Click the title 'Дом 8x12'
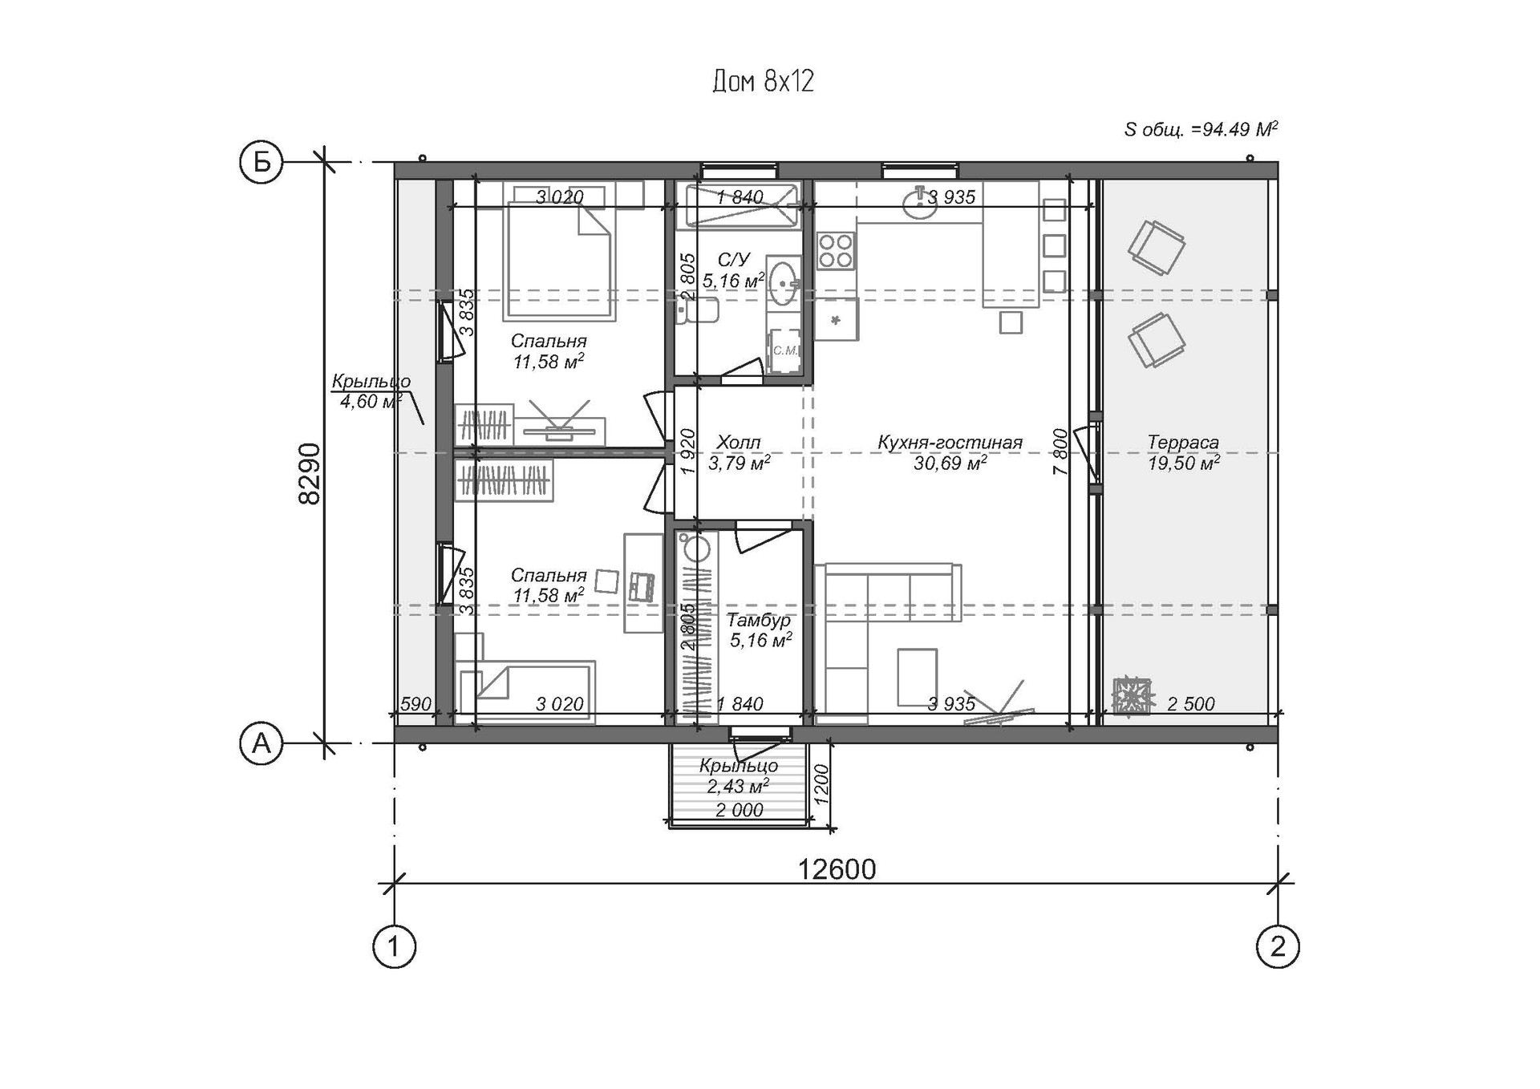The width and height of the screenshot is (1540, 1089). coord(763,81)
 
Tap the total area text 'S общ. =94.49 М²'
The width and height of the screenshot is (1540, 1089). coord(1201,129)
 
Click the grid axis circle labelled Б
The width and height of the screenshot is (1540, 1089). coord(261,162)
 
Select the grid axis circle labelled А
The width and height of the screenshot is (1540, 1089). coord(261,743)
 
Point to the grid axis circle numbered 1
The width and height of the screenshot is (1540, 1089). coord(394,946)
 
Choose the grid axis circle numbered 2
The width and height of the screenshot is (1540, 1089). coord(1278,946)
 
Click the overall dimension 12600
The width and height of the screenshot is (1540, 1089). coord(837,868)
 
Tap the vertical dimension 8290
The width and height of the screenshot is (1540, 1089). coord(309,473)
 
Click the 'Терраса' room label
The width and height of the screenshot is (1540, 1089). coord(1183,442)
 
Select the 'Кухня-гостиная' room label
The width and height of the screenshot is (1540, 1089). coord(950,442)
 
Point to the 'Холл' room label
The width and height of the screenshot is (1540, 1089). coord(738,442)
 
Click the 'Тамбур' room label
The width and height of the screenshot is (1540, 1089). coord(759,620)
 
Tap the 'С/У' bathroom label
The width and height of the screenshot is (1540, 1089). coord(733,260)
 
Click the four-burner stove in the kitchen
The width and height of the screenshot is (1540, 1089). coord(836,250)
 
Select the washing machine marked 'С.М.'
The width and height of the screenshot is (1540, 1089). coord(784,350)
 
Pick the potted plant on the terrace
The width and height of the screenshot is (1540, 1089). coord(1133,695)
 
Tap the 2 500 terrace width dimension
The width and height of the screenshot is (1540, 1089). coord(1190,704)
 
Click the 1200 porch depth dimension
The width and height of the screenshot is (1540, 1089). coord(821,785)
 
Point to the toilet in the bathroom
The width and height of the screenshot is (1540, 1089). coord(696,310)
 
